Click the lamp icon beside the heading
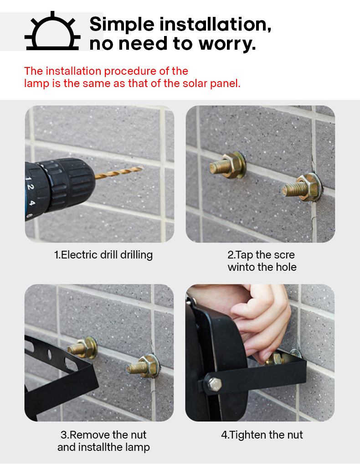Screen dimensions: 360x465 tap(52, 31)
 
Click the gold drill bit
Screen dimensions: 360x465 tap(119, 172)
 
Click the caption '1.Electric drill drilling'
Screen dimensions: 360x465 tap(103, 255)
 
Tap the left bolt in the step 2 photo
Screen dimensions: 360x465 tap(227, 165)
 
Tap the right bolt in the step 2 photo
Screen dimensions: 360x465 tap(302, 188)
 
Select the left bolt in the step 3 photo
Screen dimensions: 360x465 tap(82, 347)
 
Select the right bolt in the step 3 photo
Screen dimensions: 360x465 tap(144, 366)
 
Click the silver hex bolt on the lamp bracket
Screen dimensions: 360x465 tap(214, 384)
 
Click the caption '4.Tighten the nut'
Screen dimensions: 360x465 tap(262, 435)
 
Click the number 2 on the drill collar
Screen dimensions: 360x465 tap(31, 187)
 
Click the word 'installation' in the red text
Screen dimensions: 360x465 tap(73, 71)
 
